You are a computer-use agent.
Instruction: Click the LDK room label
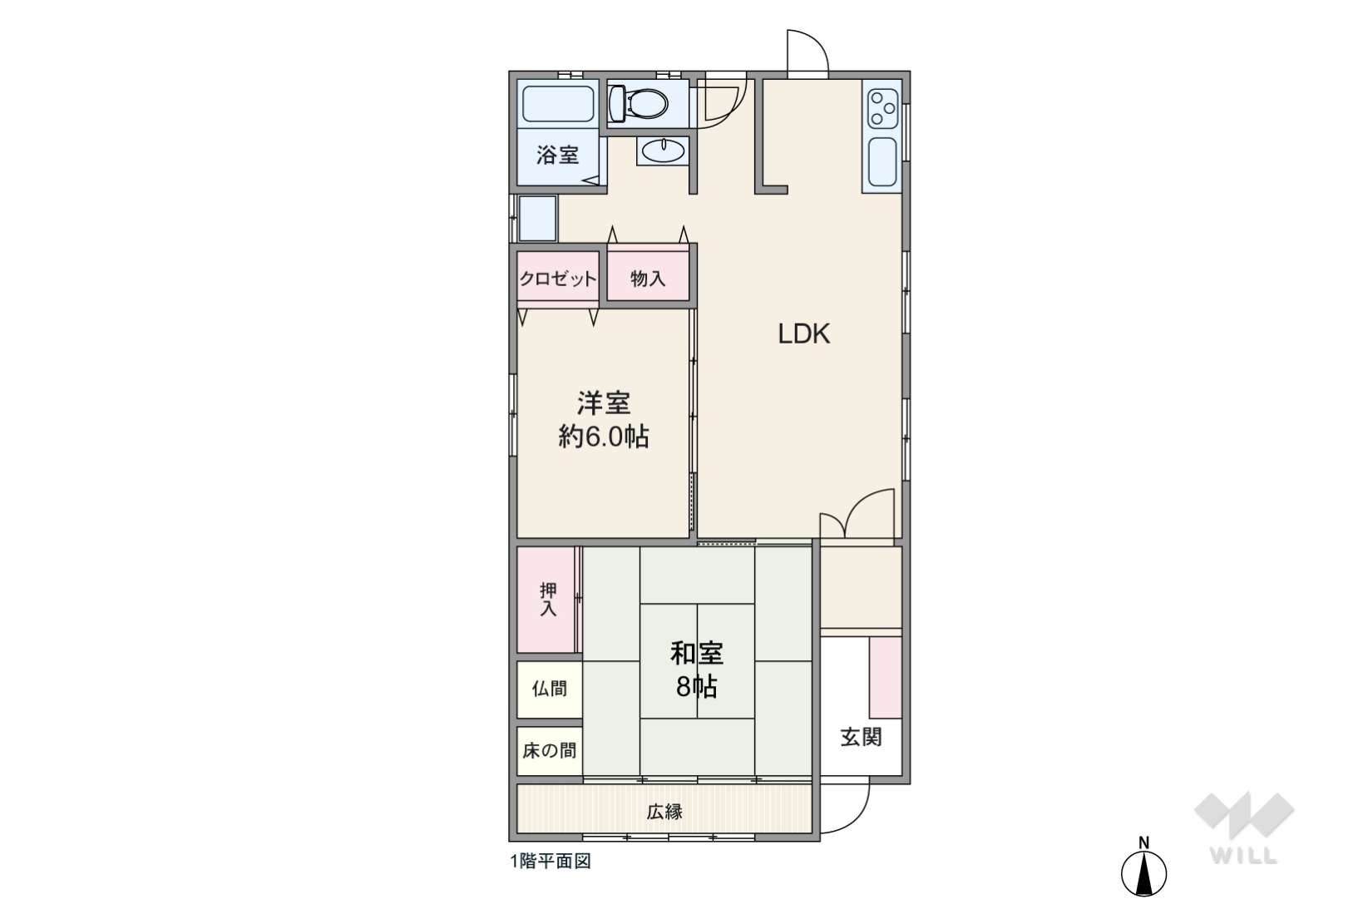coord(803,334)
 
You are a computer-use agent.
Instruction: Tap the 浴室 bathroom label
coord(557,155)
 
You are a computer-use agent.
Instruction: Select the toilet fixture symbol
coord(639,104)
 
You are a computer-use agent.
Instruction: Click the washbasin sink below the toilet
coord(663,151)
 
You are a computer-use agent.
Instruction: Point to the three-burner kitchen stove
coord(882,106)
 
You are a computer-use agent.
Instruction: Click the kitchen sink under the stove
coord(882,162)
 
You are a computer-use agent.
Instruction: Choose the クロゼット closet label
coord(558,279)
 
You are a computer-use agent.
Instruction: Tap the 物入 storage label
coord(648,279)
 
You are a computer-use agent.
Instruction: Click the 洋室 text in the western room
coord(604,403)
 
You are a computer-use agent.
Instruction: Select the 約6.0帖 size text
coord(604,437)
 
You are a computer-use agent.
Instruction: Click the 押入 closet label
coord(548,599)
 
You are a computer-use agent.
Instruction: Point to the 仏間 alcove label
coord(550,689)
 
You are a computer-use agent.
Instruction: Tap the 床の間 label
coord(550,751)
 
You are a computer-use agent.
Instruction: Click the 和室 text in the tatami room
coord(697,654)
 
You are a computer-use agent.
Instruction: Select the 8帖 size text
coord(697,687)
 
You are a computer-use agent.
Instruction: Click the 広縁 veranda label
coord(664,812)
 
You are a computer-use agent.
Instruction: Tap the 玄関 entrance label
coord(861,737)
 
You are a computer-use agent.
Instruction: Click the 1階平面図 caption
coord(551,862)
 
